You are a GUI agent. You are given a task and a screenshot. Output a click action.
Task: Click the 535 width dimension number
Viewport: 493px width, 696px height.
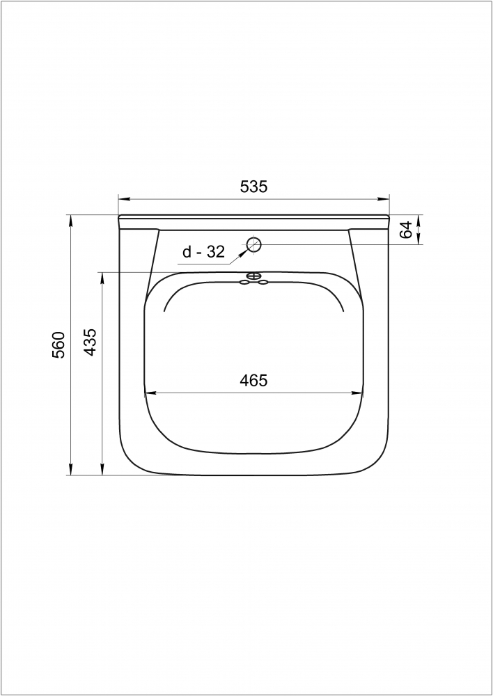point(253,187)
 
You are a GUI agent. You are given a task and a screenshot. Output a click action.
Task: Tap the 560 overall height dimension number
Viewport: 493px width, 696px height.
point(58,345)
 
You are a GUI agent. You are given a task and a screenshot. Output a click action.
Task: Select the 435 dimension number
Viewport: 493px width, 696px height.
point(90,342)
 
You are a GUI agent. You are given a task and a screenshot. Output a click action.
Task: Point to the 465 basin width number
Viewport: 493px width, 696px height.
point(253,381)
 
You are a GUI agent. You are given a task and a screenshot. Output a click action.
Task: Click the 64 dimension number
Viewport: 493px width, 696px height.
point(405,230)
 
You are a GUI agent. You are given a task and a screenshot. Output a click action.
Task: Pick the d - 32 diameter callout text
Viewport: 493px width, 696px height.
point(204,252)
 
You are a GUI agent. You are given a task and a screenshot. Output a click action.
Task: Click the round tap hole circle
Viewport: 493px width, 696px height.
point(253,244)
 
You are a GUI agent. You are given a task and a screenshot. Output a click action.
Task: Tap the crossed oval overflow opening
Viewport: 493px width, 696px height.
point(253,276)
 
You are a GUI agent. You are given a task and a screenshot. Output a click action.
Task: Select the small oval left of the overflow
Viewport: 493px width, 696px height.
point(244,282)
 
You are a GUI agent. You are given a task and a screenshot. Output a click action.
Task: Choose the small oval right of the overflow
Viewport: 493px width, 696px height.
point(263,282)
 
